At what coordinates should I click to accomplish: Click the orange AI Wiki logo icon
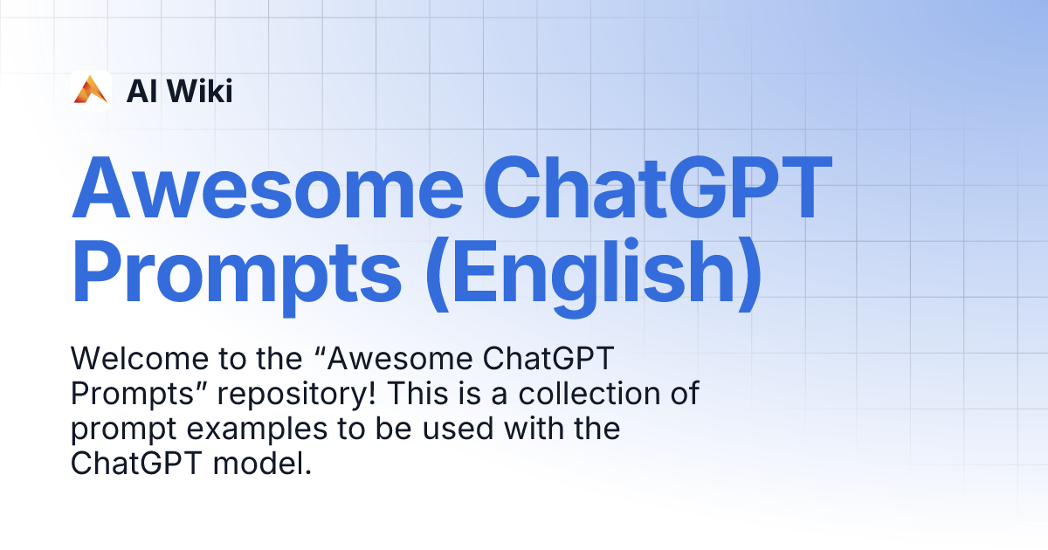(91, 90)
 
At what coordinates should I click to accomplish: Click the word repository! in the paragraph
(292, 394)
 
